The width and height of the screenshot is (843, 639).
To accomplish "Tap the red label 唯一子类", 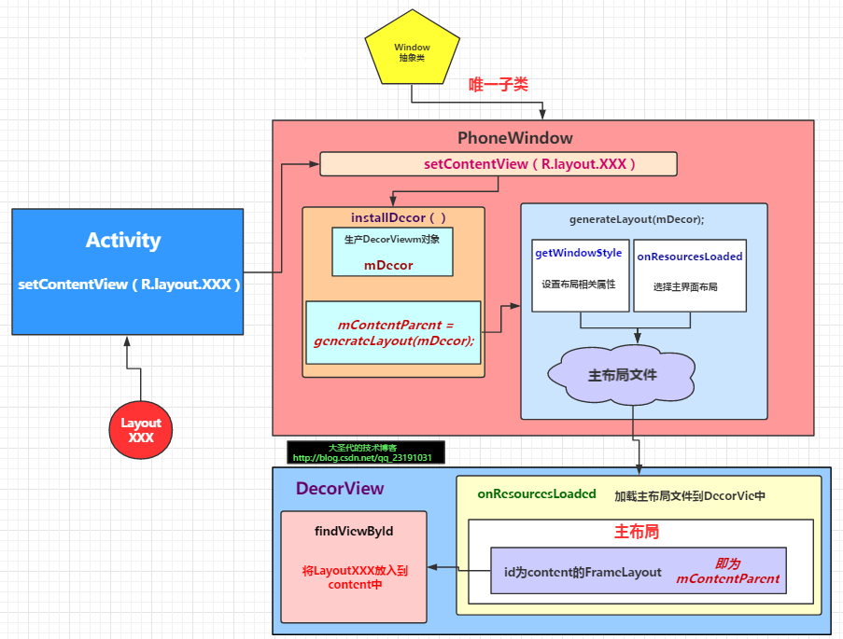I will click(498, 85).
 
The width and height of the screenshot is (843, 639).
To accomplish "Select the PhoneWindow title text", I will click(514, 138).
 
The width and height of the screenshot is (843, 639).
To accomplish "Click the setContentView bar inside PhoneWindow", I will click(498, 164).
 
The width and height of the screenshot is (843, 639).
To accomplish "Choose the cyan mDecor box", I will click(392, 252).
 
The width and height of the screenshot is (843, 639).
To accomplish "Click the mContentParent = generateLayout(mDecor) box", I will click(393, 333).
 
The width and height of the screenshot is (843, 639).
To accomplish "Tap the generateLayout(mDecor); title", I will click(637, 219).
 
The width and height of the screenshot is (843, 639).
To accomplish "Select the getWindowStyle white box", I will click(579, 275).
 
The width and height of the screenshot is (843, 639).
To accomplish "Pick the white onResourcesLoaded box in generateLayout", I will click(690, 275).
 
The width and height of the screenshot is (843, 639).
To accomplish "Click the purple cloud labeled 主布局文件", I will click(622, 375).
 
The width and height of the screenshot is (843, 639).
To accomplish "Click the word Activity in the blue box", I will click(123, 240).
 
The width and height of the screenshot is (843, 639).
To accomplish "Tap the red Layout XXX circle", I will click(141, 430).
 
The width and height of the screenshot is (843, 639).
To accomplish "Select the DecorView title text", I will click(340, 489).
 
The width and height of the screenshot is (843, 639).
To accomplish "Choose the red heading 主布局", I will click(637, 533).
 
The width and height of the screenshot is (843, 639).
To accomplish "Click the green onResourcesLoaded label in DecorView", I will click(537, 494).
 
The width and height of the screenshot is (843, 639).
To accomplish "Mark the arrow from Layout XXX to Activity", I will click(140, 368).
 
